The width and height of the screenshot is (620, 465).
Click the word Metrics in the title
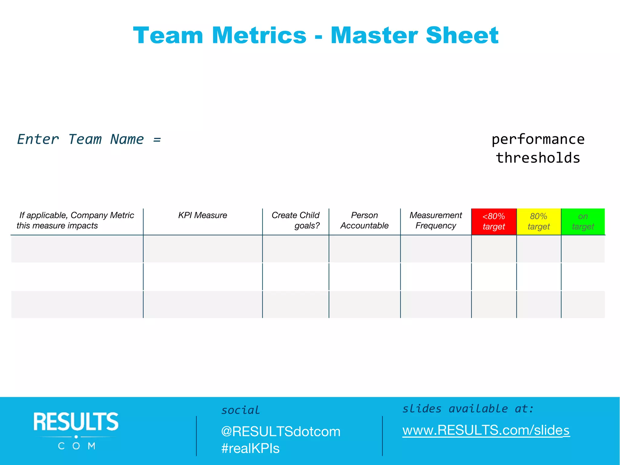click(x=259, y=35)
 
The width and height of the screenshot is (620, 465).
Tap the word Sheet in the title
click(x=462, y=35)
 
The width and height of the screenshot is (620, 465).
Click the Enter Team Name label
click(x=89, y=140)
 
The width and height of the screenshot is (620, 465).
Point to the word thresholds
click(x=538, y=158)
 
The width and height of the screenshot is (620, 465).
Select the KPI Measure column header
click(x=203, y=215)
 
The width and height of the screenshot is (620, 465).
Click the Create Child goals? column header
click(x=295, y=220)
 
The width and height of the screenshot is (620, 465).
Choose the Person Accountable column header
click(x=364, y=220)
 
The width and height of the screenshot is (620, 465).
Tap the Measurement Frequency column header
click(x=436, y=220)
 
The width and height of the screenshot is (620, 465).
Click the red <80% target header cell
click(x=494, y=222)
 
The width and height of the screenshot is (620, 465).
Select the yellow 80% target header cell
click(x=539, y=222)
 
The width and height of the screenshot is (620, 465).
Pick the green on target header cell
click(x=583, y=222)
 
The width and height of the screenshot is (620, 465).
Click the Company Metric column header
click(x=76, y=220)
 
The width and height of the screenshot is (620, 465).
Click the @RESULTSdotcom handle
click(x=281, y=432)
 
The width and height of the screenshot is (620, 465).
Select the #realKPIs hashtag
click(x=250, y=448)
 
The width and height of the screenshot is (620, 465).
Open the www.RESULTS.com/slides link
click(x=486, y=430)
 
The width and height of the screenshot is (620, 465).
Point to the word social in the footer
click(x=241, y=410)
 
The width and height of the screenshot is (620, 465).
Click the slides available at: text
click(x=468, y=409)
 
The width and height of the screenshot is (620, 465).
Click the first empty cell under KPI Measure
click(x=203, y=249)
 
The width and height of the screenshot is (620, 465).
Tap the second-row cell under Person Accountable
click(x=364, y=277)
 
